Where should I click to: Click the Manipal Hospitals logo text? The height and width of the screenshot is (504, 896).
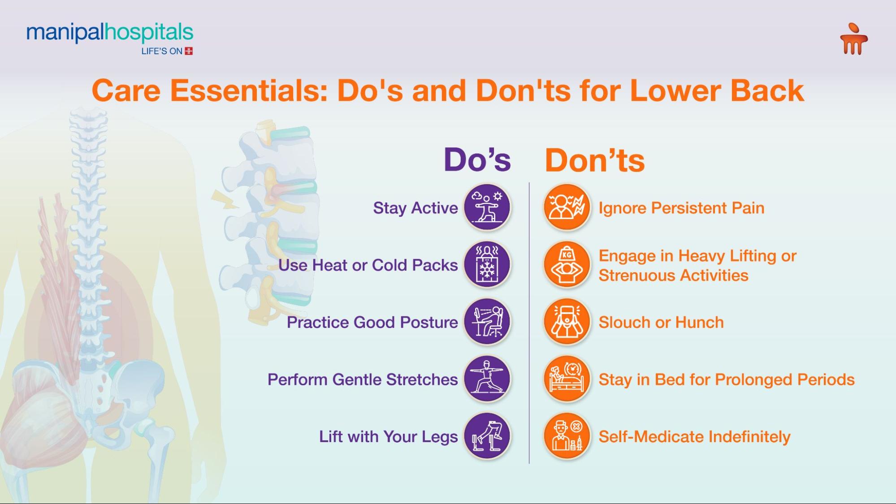pyautogui.click(x=109, y=33)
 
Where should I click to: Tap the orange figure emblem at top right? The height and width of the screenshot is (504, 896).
pyautogui.click(x=853, y=39)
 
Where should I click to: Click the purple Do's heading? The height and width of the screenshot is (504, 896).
pyautogui.click(x=477, y=159)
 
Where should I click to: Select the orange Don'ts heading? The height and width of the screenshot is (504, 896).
pyautogui.click(x=594, y=160)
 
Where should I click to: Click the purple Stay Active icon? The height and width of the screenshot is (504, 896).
pyautogui.click(x=487, y=207)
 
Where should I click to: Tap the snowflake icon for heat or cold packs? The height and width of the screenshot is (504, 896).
pyautogui.click(x=487, y=265)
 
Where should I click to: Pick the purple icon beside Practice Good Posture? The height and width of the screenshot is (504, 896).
pyautogui.click(x=487, y=322)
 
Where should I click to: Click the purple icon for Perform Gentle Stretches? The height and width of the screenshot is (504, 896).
pyautogui.click(x=487, y=379)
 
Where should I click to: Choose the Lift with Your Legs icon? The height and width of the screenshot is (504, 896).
pyautogui.click(x=487, y=436)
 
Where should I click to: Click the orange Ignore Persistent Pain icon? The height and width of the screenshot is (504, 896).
pyautogui.click(x=567, y=207)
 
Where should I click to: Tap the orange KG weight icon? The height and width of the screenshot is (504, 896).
pyautogui.click(x=567, y=265)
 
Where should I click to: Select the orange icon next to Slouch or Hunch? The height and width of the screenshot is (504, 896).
pyautogui.click(x=567, y=322)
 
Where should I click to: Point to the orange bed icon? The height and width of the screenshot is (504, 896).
pyautogui.click(x=567, y=379)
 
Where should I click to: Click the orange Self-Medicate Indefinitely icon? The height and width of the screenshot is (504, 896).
pyautogui.click(x=567, y=436)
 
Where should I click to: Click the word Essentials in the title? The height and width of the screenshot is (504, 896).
pyautogui.click(x=248, y=90)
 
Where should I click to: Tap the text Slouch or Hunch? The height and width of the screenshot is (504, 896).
pyautogui.click(x=661, y=323)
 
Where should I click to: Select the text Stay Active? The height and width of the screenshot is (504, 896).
pyautogui.click(x=415, y=208)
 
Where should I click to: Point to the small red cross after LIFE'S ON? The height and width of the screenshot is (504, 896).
pyautogui.click(x=189, y=51)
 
